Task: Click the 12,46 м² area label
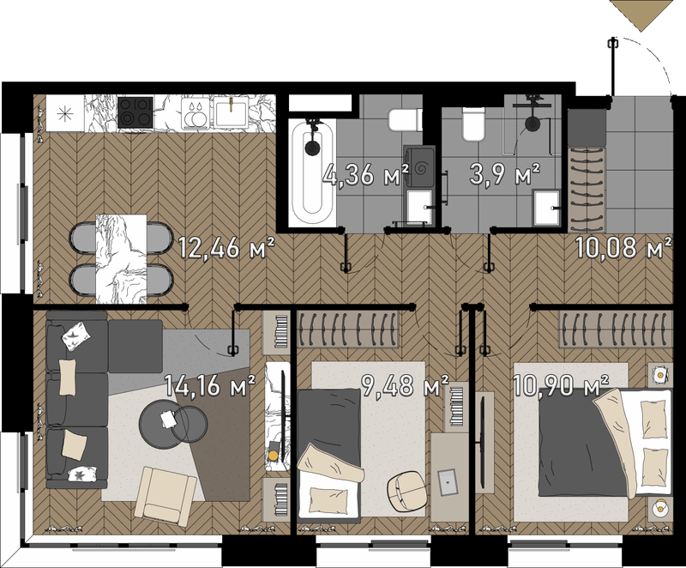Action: pos(226,248)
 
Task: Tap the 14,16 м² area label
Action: pos(209,385)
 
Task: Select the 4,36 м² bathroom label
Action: pos(366,174)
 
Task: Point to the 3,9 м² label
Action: pos(504,173)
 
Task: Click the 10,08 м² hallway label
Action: pos(623,247)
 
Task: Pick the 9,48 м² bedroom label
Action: pos(405,385)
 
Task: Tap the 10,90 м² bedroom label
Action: pos(561,385)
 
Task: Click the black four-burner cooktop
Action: pos(135,112)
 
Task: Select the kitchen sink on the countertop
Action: pos(230,112)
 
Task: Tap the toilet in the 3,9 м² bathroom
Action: pos(473,124)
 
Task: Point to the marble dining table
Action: pos(121,258)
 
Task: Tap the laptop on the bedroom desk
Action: pos(448,482)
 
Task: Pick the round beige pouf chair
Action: pos(406,490)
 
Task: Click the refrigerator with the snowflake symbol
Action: pos(65,114)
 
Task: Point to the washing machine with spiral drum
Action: pos(419,167)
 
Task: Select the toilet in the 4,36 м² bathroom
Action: pos(405,120)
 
